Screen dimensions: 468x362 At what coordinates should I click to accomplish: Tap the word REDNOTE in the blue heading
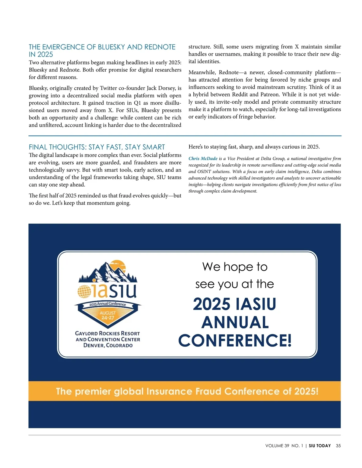click(x=160, y=47)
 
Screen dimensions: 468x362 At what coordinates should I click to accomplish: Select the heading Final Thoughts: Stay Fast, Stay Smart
click(x=97, y=147)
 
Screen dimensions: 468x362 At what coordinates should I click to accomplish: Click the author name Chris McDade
click(x=203, y=159)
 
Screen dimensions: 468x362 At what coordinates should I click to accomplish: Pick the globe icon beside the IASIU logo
click(x=84, y=291)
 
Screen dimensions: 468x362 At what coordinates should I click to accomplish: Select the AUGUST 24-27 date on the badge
click(x=108, y=315)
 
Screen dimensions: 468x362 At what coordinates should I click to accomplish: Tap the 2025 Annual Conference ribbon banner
click(x=108, y=304)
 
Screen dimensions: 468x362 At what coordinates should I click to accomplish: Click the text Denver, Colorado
click(x=108, y=345)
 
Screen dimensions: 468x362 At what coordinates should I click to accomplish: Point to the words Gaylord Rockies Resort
click(x=107, y=333)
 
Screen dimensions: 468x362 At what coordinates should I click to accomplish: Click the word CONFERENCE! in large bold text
click(x=235, y=341)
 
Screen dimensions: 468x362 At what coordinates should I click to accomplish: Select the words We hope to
click(x=235, y=267)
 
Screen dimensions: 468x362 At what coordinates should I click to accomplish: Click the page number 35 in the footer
click(x=338, y=446)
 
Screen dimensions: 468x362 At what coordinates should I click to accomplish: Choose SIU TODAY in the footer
click(x=320, y=446)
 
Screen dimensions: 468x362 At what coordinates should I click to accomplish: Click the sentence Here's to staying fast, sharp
click(x=254, y=147)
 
